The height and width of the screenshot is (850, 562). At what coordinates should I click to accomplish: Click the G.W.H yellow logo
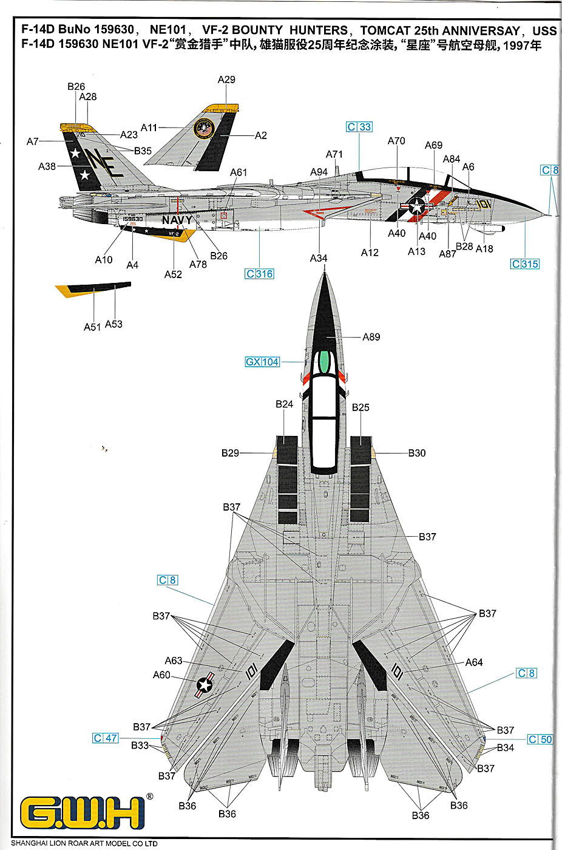pyautogui.click(x=83, y=813)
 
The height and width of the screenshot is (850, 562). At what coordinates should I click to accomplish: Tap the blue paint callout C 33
pyautogui.click(x=359, y=127)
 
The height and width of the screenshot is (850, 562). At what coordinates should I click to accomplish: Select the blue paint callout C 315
pyautogui.click(x=524, y=264)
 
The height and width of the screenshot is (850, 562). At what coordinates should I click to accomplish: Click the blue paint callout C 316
pyautogui.click(x=259, y=274)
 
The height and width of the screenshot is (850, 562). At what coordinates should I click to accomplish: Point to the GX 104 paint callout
pyautogui.click(x=262, y=362)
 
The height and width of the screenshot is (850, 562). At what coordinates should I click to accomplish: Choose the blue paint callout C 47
pyautogui.click(x=106, y=738)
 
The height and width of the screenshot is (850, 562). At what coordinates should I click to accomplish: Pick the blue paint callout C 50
pyautogui.click(x=540, y=739)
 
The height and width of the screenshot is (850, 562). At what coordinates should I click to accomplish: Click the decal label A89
pyautogui.click(x=371, y=337)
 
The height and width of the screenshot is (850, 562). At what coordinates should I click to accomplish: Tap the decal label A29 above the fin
pyautogui.click(x=226, y=80)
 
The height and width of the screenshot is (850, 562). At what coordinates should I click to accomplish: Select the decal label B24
pyautogui.click(x=284, y=404)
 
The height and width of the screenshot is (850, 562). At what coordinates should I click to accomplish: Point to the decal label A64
pyautogui.click(x=474, y=662)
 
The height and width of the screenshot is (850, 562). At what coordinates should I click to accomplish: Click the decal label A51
pyautogui.click(x=92, y=327)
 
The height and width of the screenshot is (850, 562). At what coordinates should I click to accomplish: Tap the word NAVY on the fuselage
pyautogui.click(x=177, y=220)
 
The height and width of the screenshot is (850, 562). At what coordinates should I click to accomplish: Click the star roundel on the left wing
pyautogui.click(x=205, y=685)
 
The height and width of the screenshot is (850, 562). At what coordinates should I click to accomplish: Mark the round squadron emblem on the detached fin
pyautogui.click(x=205, y=130)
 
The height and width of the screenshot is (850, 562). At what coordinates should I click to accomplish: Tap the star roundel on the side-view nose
pyautogui.click(x=417, y=206)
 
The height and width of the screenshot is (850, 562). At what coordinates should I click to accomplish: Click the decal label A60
pyautogui.click(x=161, y=675)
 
